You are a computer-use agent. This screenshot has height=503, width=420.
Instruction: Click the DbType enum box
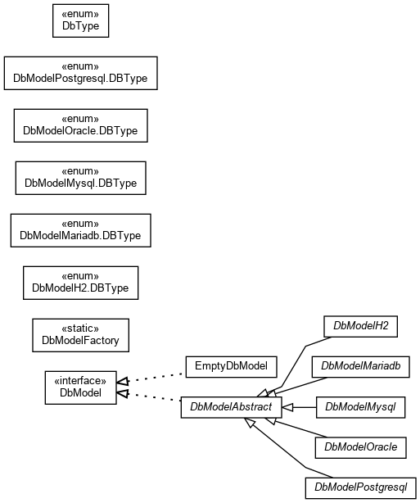80,20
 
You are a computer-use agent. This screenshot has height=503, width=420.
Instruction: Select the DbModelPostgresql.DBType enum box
80,73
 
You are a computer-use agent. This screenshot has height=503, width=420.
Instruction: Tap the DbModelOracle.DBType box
80,125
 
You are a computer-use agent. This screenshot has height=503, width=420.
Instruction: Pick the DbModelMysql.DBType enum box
80,178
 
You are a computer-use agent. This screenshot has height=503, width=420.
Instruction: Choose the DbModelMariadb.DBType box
80,230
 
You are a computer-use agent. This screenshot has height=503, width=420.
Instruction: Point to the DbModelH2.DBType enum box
80,283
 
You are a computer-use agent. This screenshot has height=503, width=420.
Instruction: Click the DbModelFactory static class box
80,335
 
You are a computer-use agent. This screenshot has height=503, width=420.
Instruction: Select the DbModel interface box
80,387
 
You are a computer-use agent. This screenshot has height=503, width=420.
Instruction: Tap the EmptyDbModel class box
231,367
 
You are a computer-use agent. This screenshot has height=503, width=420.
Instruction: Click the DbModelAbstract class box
231,407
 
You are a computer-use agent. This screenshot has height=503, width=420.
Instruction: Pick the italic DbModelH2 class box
361,326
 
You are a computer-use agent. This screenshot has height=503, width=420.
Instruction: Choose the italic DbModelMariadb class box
361,367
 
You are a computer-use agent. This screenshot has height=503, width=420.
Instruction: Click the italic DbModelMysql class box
361,407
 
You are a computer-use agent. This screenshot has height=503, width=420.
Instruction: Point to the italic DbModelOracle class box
361,447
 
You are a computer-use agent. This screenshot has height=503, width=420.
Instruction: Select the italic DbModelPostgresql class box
361,488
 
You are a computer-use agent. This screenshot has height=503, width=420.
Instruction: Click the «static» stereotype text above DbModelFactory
80,329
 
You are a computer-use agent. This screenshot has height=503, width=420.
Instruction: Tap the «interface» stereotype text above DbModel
80,381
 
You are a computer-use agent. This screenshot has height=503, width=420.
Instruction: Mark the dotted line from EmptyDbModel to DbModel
151,378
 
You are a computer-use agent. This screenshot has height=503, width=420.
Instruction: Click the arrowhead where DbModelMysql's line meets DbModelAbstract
287,407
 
